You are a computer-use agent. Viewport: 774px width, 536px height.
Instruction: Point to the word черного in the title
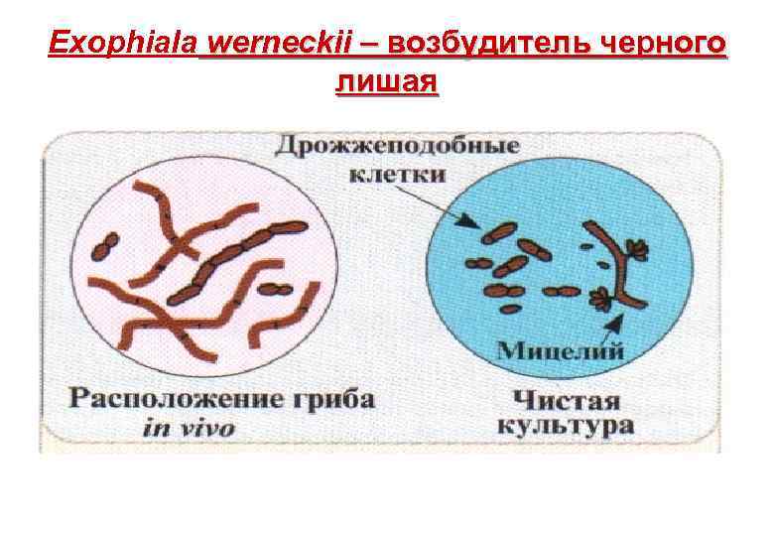(x=661, y=45)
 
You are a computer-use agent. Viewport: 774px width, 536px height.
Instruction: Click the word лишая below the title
(x=386, y=81)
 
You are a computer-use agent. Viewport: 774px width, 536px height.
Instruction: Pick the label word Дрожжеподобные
(x=397, y=147)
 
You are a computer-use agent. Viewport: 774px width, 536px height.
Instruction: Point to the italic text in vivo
(x=188, y=429)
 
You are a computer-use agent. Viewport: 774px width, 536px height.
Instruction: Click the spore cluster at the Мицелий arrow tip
(x=602, y=297)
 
